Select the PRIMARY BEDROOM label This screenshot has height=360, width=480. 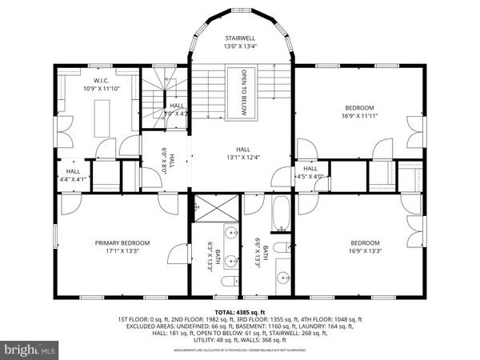[122, 243]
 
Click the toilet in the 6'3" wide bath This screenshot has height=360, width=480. [226, 285]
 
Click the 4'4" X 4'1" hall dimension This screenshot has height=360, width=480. [73, 179]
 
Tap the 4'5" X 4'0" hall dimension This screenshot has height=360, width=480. [310, 176]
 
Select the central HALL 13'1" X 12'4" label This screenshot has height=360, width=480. [242, 153]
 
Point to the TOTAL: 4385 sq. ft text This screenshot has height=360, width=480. [239, 312]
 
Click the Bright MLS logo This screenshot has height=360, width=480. [30, 349]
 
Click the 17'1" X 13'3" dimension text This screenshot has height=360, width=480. [122, 251]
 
